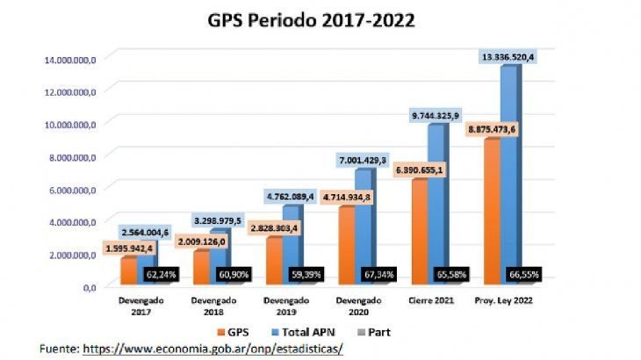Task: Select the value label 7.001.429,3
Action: (365, 161)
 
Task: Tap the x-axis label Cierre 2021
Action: (430, 300)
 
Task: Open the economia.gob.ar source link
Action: (212, 349)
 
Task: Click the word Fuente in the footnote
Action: (58, 349)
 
